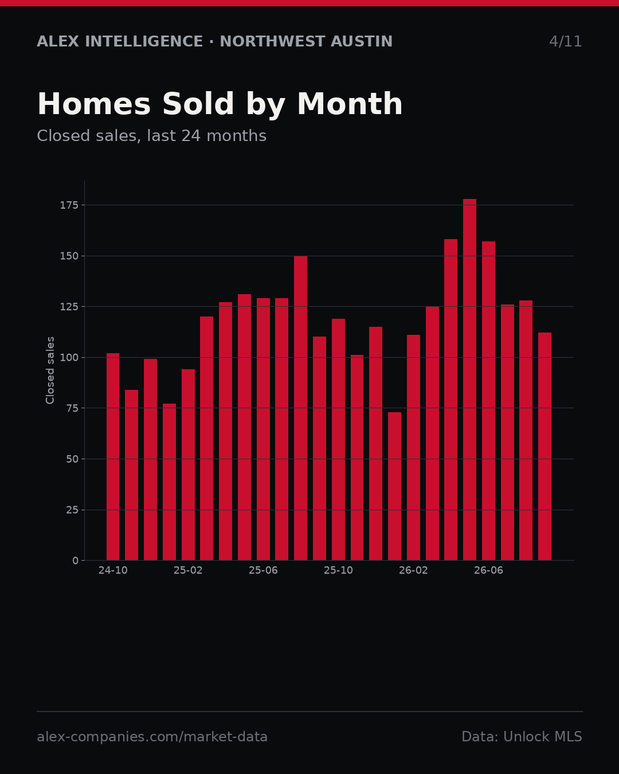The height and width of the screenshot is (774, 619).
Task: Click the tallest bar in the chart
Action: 469,380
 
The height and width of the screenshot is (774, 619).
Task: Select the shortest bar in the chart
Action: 394,486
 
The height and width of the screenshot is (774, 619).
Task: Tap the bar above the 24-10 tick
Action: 113,457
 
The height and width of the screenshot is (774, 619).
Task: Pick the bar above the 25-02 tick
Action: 188,465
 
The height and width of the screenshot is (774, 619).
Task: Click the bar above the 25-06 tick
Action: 263,429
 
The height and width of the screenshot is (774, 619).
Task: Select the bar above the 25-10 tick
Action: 339,440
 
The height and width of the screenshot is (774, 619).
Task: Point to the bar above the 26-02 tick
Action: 413,447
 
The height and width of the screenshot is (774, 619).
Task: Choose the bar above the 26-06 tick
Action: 488,401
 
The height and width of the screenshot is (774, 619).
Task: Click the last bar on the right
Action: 544,447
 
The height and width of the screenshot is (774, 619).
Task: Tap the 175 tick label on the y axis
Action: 69,205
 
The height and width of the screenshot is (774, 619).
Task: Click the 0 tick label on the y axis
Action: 75,561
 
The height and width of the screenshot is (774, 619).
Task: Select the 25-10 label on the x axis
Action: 339,571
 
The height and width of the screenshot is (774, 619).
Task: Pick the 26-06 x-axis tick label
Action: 488,571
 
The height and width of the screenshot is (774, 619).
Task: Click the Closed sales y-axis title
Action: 50,370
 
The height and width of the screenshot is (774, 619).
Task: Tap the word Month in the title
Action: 350,104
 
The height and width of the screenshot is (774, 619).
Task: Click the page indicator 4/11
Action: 565,42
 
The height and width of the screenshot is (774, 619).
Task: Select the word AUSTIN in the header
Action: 362,41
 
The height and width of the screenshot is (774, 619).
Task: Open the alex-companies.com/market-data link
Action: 152,737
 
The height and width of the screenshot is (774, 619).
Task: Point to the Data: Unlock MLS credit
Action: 522,737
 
